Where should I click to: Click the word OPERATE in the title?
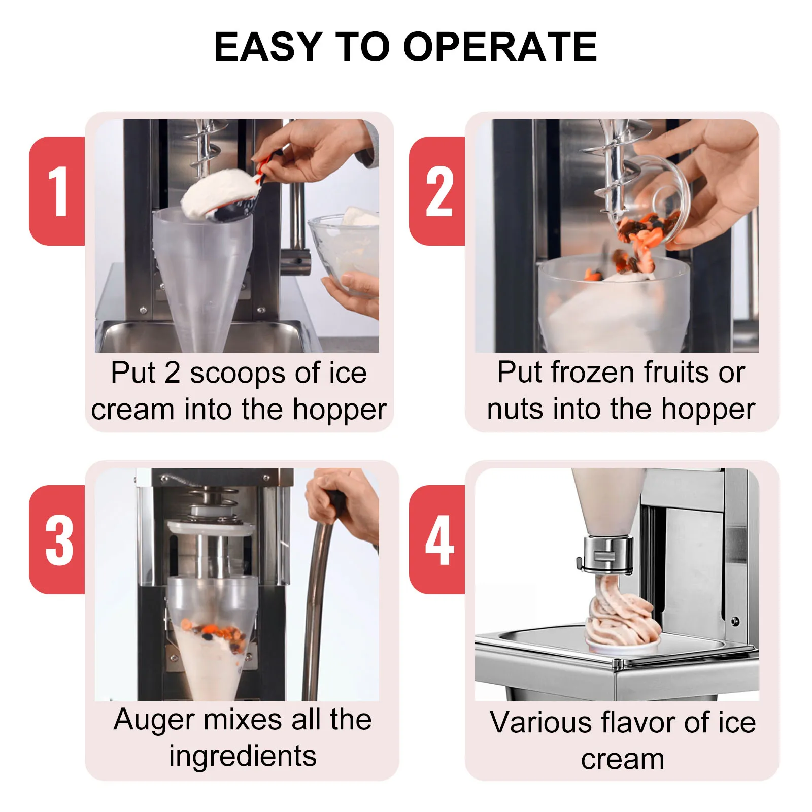click(500, 47)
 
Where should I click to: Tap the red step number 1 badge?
click(58, 191)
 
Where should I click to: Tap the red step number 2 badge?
click(438, 191)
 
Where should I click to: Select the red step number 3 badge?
click(58, 540)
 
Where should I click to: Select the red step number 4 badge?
click(438, 540)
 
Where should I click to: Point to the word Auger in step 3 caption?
click(154, 720)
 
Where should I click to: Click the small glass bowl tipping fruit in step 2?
click(655, 203)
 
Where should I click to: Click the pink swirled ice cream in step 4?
click(619, 617)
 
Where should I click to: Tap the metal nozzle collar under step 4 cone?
click(607, 554)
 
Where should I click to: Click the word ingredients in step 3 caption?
click(243, 756)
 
